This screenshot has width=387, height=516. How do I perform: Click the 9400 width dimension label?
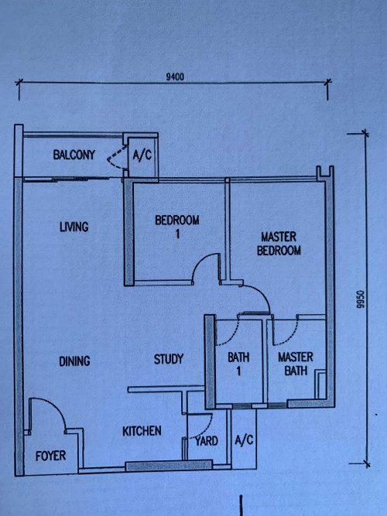(174, 77)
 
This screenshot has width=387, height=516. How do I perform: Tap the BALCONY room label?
(74, 155)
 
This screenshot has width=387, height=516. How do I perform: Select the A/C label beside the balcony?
(142, 155)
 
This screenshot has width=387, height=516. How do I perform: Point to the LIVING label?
(74, 227)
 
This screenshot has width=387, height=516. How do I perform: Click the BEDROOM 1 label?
(176, 226)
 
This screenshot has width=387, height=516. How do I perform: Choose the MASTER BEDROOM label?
(279, 244)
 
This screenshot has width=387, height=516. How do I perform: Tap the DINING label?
(74, 361)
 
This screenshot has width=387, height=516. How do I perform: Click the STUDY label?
(168, 359)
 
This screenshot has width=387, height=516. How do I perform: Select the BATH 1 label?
(238, 364)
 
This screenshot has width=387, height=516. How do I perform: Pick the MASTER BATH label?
(295, 364)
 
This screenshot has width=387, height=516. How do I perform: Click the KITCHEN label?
(141, 430)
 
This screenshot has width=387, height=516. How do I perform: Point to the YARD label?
(206, 441)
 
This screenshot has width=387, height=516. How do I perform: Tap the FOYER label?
(51, 456)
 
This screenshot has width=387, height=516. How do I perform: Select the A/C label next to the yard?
(243, 441)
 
